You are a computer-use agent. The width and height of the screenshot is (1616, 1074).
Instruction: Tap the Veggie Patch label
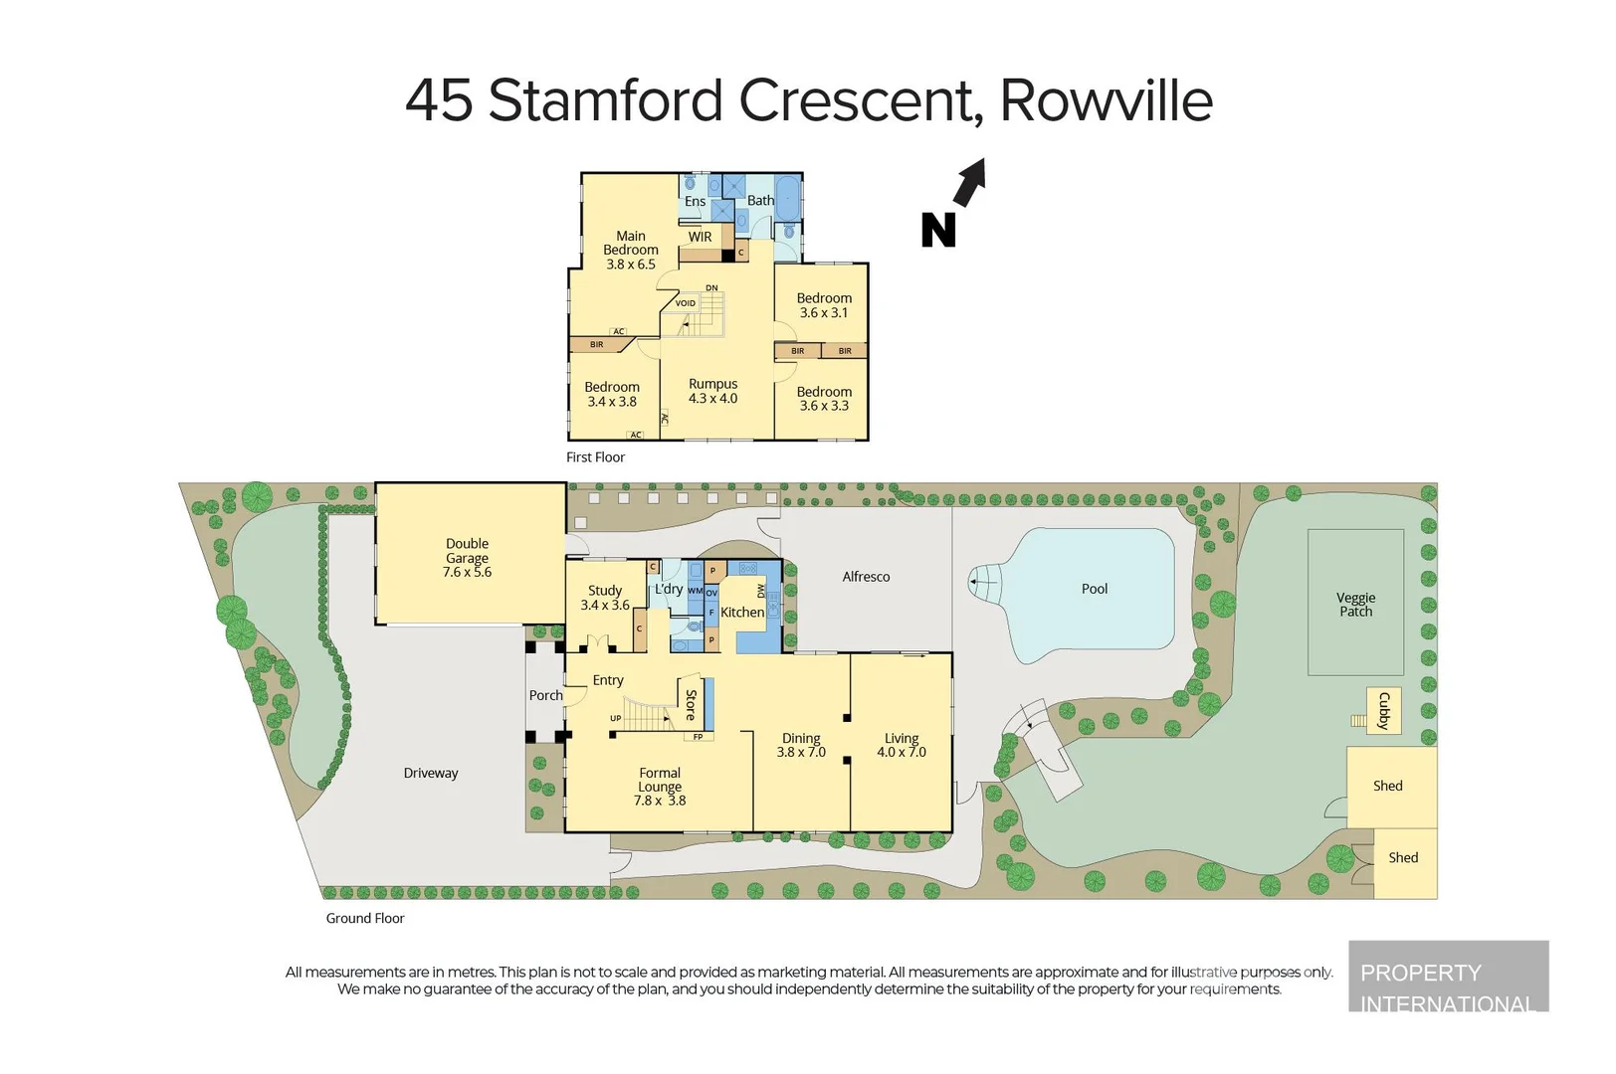1355,605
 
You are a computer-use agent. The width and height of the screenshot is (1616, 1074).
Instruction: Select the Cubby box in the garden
1382,711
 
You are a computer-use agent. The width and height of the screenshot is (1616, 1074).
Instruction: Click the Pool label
1095,589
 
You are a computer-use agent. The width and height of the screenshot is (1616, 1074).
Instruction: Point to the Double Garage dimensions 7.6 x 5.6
467,572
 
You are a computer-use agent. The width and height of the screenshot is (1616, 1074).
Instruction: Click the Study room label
605,590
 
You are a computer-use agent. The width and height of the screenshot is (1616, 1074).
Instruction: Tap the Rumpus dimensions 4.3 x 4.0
712,398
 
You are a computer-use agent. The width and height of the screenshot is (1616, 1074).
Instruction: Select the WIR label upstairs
700,237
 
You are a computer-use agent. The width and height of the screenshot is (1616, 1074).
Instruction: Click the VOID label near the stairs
686,303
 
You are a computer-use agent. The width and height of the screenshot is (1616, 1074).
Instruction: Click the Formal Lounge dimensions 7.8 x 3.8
660,801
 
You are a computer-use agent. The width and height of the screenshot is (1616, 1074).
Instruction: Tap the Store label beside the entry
691,704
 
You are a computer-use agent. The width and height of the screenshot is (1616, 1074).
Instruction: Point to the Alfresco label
866,577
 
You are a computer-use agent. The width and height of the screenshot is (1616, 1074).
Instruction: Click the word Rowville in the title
1106,100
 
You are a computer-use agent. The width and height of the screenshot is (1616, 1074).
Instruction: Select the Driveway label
431,773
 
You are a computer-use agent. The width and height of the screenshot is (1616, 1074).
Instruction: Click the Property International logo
1448,977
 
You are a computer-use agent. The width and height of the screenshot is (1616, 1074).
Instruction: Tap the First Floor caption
595,457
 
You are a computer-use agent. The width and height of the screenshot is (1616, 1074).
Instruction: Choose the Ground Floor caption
365,918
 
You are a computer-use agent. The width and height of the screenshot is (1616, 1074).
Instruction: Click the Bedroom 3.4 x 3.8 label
612,388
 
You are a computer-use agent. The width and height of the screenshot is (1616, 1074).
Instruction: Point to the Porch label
545,695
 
